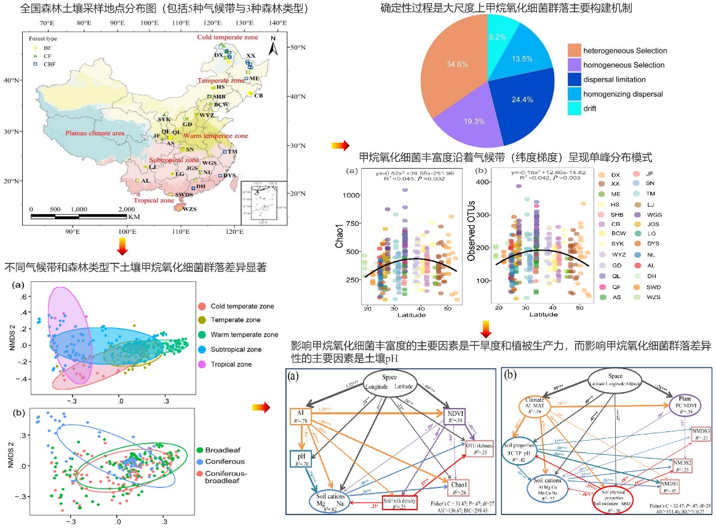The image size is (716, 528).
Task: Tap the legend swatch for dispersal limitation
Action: point(575,79)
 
